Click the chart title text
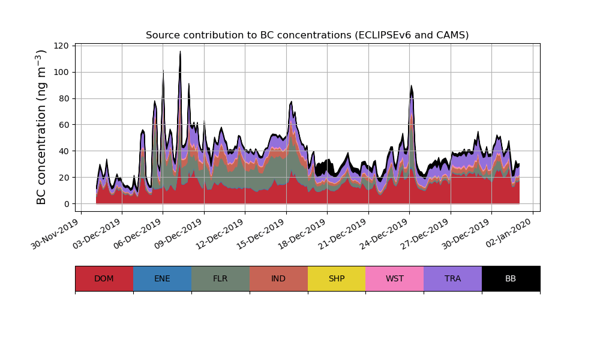pos(307,35)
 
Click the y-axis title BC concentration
pos(41,127)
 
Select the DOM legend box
pos(104,278)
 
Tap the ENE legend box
pos(162,278)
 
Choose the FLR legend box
pos(220,278)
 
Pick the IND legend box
pos(278,278)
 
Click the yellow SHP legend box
pos(337,278)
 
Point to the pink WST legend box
pos(395,278)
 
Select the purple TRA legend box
pos(453,278)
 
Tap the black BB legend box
pos(511,278)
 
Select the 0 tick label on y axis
pos(67,204)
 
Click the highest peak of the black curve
pos(180,52)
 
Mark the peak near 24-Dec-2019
pos(412,86)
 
